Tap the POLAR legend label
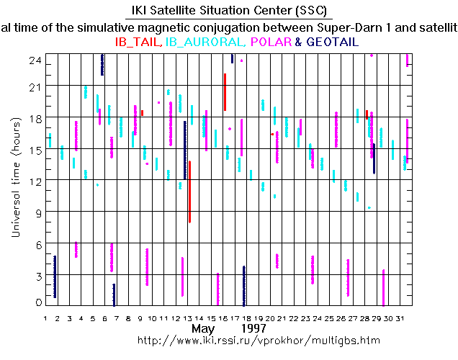tap(271, 42)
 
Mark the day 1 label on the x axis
tap(46, 318)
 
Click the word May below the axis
tap(205, 328)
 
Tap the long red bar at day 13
tap(189, 192)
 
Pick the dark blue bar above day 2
tap(55, 276)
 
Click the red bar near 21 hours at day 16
tap(225, 92)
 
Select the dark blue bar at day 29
tap(374, 158)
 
